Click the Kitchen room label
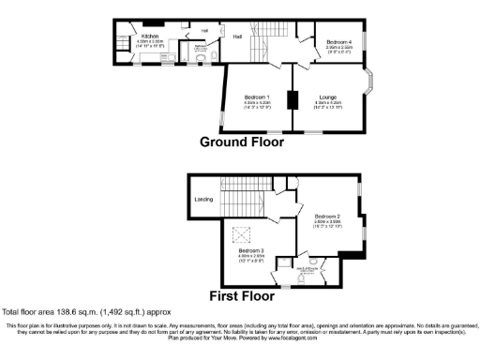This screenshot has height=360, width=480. point(149,37)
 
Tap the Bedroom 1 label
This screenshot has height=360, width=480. point(257,97)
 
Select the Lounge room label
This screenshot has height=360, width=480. point(328,97)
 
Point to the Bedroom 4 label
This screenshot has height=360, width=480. point(339,42)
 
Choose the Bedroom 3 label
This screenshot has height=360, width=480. point(250,251)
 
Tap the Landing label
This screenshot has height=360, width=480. point(202,200)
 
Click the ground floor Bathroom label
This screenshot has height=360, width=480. point(200,44)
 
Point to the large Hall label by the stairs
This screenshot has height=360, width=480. point(237,37)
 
